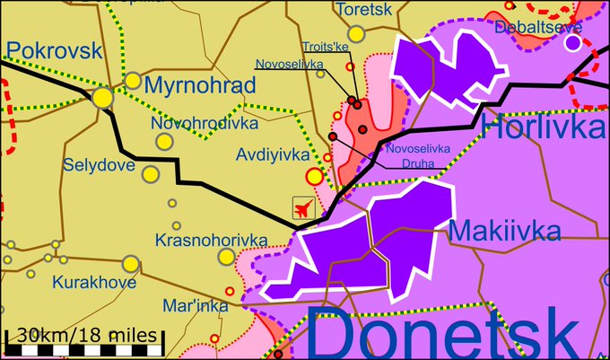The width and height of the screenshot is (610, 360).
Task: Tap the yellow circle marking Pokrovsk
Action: click(102, 96)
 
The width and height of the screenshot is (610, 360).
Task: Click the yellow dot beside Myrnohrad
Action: click(133, 81)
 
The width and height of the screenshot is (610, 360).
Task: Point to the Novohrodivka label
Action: click(205, 122)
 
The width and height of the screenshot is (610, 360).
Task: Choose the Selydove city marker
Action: click(152, 173)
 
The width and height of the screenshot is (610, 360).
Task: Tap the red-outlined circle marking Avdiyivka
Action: click(314, 176)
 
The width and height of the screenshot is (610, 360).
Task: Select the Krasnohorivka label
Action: click(211, 240)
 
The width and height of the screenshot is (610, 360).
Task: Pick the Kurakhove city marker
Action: click(131, 263)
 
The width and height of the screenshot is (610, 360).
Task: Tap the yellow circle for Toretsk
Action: click(357, 34)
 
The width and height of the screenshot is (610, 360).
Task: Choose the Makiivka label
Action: click(505, 231)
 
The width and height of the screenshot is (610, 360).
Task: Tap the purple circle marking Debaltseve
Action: click(572, 41)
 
